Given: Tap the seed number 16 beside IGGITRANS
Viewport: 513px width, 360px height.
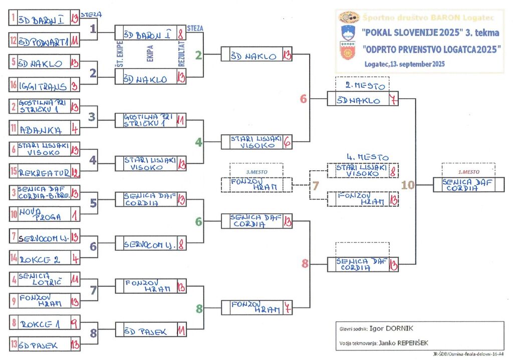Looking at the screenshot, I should click(x=14, y=86).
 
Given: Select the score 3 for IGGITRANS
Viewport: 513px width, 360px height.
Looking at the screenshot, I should click(x=75, y=86).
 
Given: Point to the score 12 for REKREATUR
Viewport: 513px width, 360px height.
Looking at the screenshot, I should click(x=75, y=172).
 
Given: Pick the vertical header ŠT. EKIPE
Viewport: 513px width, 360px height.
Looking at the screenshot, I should click(x=119, y=56).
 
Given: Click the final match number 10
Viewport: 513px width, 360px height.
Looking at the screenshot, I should click(x=408, y=185).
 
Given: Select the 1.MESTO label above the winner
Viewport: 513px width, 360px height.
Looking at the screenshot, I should click(x=468, y=172).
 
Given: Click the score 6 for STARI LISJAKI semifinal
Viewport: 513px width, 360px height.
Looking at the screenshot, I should click(x=287, y=142).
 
